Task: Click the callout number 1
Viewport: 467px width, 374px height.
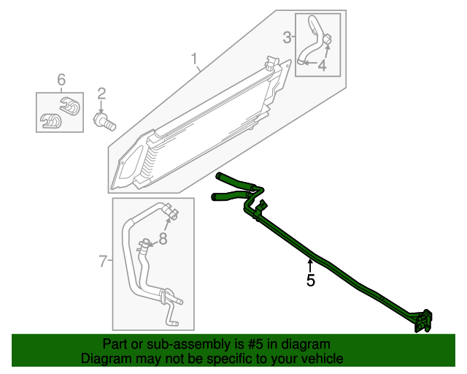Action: tap(195, 58)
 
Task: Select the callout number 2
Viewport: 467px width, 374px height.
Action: tap(102, 93)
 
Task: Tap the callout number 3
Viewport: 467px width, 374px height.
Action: tap(287, 37)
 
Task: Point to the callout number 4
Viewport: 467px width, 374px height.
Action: tap(322, 66)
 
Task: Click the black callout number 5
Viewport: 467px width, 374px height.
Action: tap(311, 280)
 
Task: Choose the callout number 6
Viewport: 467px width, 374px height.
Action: tap(61, 79)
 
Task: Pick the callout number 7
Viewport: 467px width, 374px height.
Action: tap(103, 260)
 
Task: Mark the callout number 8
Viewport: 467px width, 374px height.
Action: tap(163, 238)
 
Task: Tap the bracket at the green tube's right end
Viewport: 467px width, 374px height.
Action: tap(422, 321)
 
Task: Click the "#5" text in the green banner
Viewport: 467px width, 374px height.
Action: tap(259, 344)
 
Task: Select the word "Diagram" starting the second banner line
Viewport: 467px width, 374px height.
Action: tap(104, 359)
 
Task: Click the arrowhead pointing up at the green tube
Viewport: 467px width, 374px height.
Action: tap(310, 260)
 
